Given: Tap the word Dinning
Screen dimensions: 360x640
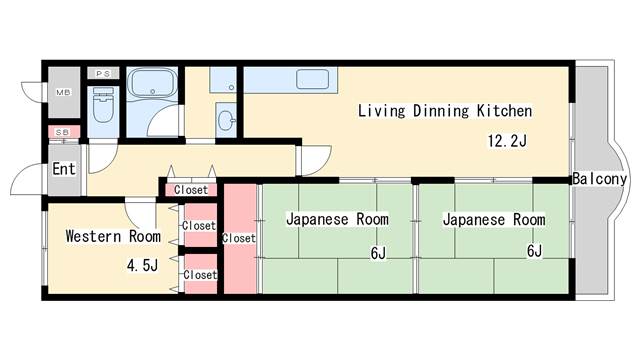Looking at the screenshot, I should pyautogui.click(x=442, y=111).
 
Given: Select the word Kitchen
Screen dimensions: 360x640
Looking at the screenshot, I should pyautogui.click(x=503, y=111).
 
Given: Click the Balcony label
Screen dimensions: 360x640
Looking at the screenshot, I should pyautogui.click(x=599, y=180).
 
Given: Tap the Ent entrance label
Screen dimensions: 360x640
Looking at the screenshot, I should pyautogui.click(x=64, y=169).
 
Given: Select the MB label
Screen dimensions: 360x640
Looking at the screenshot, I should pyautogui.click(x=63, y=93).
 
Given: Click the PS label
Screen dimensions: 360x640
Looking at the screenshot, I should pyautogui.click(x=102, y=73).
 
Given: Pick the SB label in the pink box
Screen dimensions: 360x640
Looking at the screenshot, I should pyautogui.click(x=62, y=132).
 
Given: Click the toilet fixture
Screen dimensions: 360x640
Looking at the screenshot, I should pyautogui.click(x=103, y=105).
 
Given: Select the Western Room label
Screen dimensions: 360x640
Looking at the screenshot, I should pyautogui.click(x=112, y=237).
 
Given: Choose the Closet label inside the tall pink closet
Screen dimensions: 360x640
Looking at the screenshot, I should pyautogui.click(x=239, y=238).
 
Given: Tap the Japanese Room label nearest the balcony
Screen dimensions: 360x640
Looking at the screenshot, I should pyautogui.click(x=493, y=219).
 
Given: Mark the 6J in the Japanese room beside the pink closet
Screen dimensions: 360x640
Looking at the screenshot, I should pyautogui.click(x=377, y=253).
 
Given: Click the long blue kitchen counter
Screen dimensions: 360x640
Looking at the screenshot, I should pyautogui.click(x=290, y=80).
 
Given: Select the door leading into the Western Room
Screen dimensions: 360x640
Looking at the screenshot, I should pyautogui.click(x=141, y=212).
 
